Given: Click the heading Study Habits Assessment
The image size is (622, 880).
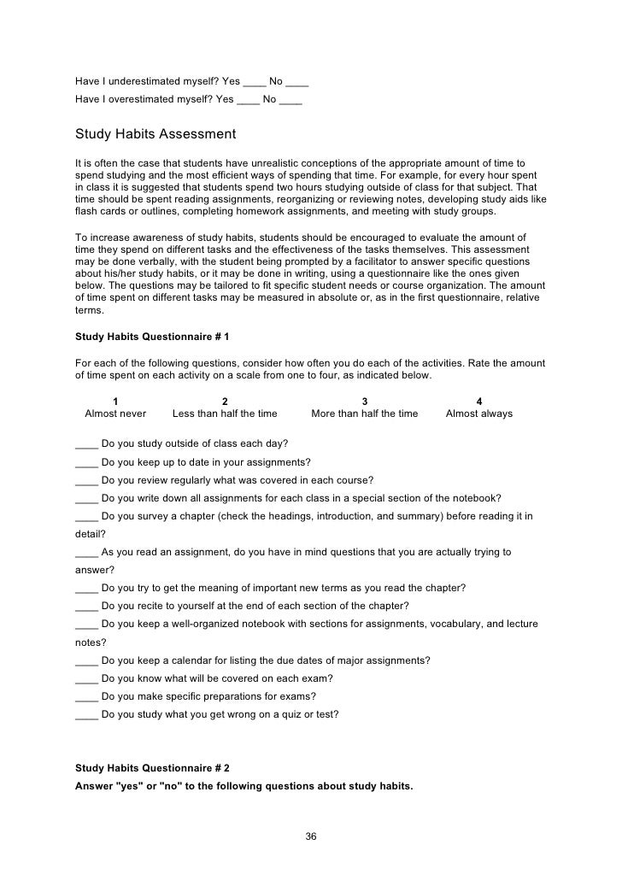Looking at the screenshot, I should (x=155, y=134).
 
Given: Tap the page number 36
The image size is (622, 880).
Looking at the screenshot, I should (x=311, y=836).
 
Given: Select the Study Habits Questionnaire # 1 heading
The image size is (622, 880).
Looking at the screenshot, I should (x=152, y=337).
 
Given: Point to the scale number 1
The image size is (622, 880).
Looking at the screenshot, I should (x=115, y=401).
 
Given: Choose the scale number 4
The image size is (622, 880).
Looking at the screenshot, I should (x=479, y=401).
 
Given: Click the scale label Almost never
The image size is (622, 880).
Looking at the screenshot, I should (x=115, y=414).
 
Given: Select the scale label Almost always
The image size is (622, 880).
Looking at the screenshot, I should (x=479, y=414).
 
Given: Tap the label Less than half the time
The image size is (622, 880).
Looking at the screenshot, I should (x=225, y=414).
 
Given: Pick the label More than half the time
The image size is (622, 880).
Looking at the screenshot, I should (x=365, y=414).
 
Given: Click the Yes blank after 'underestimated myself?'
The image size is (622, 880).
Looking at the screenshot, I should (x=254, y=83).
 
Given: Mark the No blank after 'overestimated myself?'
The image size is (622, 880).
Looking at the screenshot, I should (x=290, y=99).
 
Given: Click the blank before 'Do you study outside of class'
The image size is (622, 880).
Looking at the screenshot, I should (x=86, y=444).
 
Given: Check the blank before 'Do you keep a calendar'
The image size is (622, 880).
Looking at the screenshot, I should (x=86, y=660).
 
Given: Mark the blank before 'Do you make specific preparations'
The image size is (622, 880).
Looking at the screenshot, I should (x=86, y=696).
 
